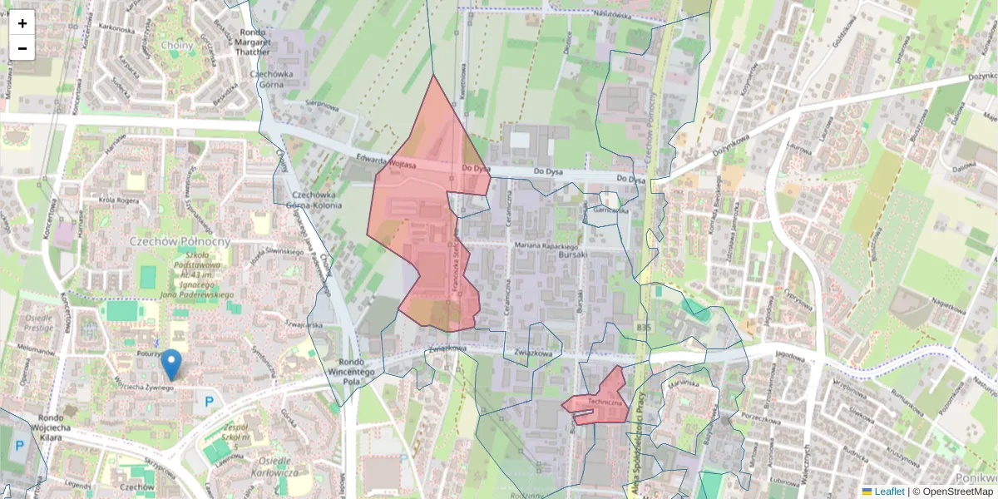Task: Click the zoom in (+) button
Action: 22,23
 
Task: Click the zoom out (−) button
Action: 22,48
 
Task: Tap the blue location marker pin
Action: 171,364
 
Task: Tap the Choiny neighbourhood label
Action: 178,45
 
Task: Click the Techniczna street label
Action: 605,402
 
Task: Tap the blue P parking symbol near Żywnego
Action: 209,401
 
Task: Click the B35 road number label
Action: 644,329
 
